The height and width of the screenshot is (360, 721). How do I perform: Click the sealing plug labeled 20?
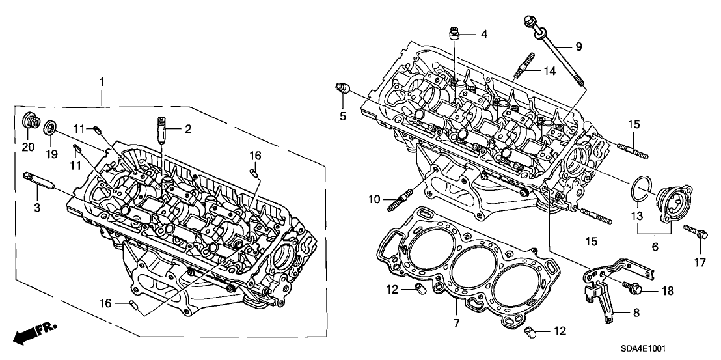click(29, 123)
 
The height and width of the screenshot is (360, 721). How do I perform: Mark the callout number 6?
click(655, 247)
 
